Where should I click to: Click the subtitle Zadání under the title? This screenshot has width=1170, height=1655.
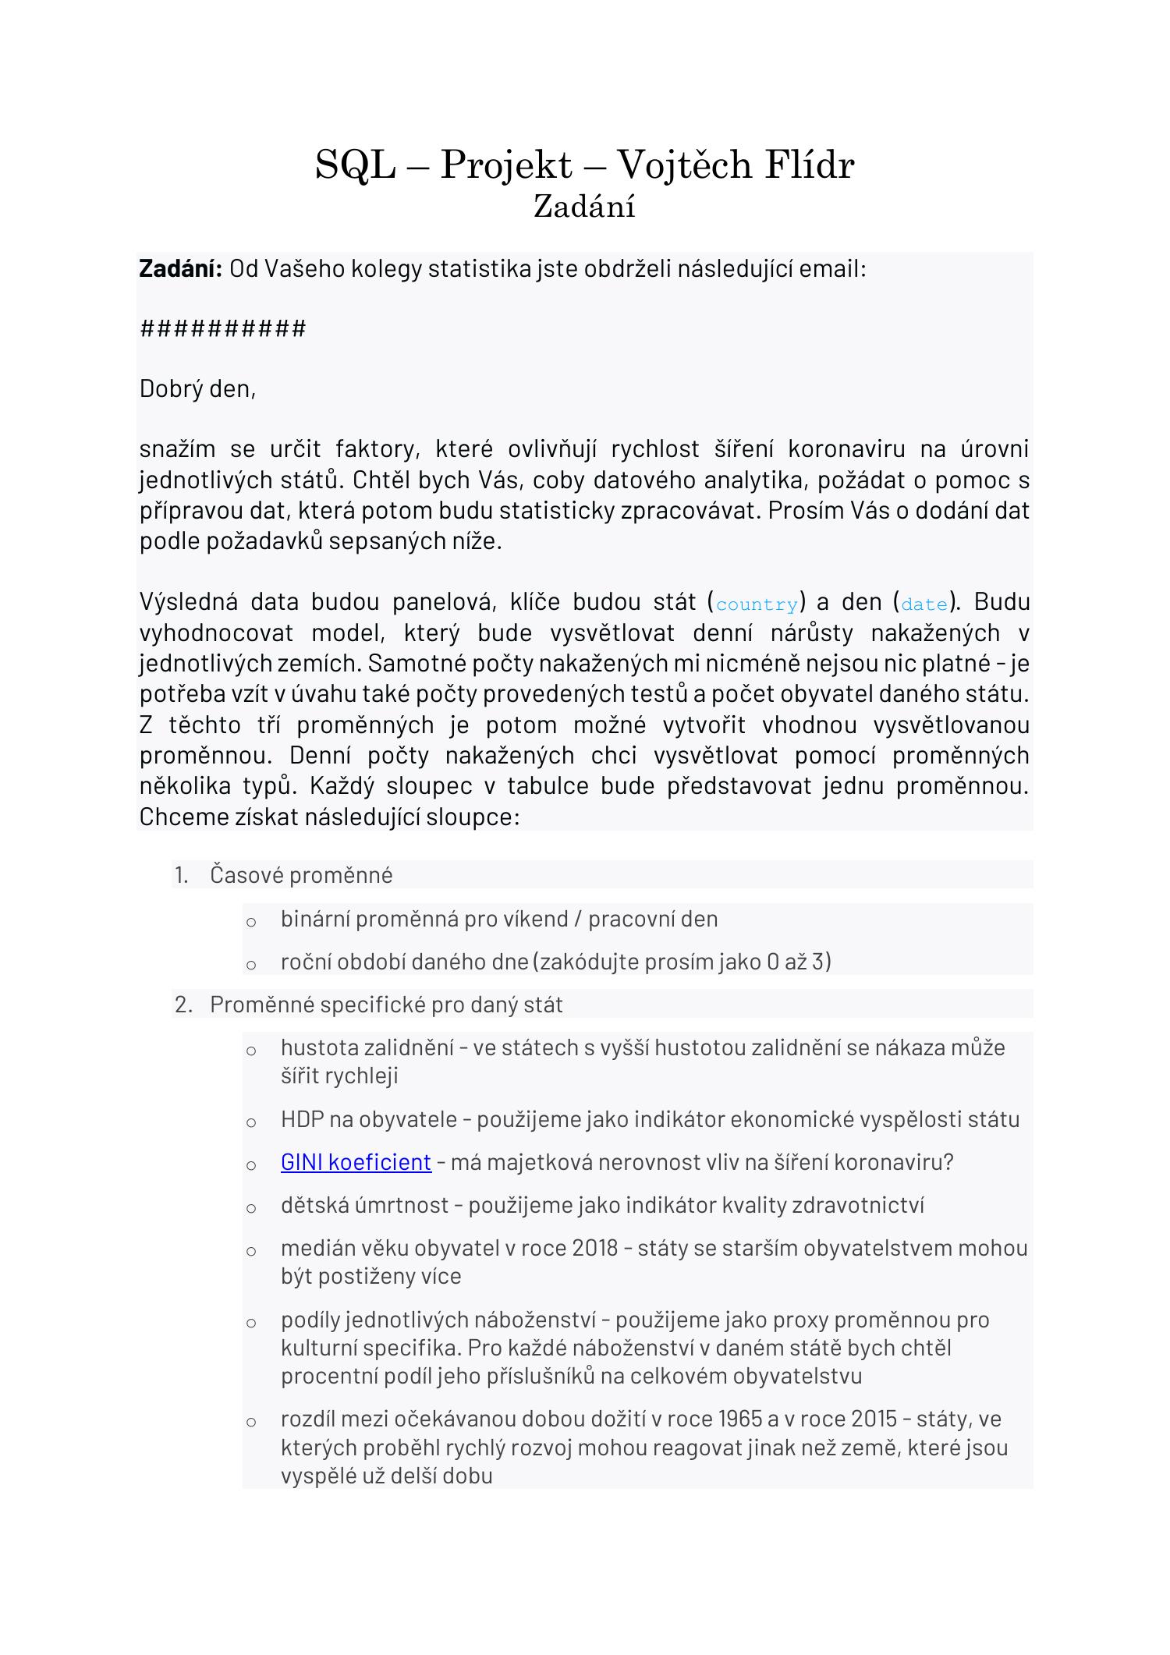(x=584, y=207)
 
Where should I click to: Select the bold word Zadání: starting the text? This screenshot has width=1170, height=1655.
(x=180, y=268)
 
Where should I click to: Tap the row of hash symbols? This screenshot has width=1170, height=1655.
(x=223, y=328)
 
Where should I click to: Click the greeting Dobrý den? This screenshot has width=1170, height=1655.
(x=197, y=388)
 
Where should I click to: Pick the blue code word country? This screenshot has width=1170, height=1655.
(x=757, y=604)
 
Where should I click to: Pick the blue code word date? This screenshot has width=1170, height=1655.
(x=924, y=604)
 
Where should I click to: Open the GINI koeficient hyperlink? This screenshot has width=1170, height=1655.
(x=356, y=1162)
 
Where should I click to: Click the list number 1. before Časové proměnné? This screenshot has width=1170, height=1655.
(x=181, y=875)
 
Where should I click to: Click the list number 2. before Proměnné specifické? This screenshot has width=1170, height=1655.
(x=183, y=1005)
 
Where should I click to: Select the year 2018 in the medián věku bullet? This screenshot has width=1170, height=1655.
(x=596, y=1248)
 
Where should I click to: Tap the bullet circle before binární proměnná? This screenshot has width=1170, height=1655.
(x=251, y=922)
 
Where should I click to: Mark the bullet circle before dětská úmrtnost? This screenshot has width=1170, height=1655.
(x=251, y=1208)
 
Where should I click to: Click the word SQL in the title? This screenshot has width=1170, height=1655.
(x=354, y=165)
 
